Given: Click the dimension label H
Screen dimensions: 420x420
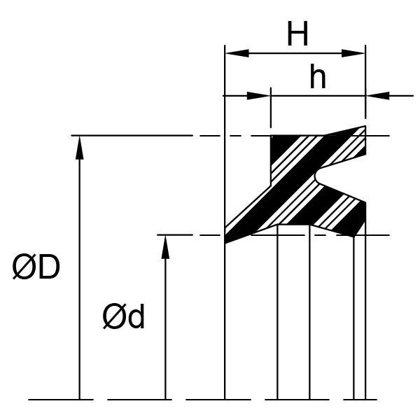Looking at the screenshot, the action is point(297,34).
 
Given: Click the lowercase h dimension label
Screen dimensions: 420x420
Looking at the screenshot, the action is point(318,76).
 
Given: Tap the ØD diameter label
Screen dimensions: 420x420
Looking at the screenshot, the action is point(36,267).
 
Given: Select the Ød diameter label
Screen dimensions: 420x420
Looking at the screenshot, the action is point(123,316).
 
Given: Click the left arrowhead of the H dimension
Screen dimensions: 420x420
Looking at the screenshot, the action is point(237,53).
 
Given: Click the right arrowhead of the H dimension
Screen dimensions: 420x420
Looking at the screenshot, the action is point(353,53).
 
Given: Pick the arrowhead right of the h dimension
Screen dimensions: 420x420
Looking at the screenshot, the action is point(378,96).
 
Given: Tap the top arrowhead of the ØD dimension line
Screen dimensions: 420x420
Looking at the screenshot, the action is point(79,148).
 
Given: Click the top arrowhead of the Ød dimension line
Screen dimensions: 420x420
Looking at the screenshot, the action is point(165,247).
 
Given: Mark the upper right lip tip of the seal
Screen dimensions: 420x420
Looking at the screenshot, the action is point(365,126).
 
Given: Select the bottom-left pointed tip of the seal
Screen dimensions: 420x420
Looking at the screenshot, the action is point(225,243).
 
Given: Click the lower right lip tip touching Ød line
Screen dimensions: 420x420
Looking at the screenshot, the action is point(353,236).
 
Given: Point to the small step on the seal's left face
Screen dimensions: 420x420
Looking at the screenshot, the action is point(270,185).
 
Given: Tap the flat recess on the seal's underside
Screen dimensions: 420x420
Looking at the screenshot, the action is point(293,225).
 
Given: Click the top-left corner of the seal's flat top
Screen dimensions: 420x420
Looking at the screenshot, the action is point(271,136).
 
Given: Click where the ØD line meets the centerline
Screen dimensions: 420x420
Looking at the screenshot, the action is point(79,400).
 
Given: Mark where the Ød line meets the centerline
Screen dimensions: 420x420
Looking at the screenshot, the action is point(165,400).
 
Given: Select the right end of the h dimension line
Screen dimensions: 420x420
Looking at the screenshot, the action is point(414,96).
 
